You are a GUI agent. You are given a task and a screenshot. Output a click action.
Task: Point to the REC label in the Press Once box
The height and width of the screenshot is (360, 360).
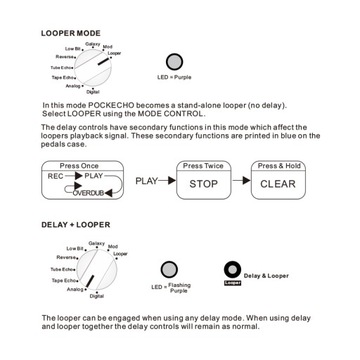point(53,175)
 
